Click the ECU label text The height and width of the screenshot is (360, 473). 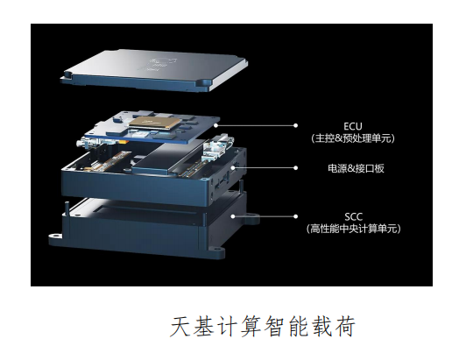coord(353,126)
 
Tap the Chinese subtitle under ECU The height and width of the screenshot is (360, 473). coord(353,138)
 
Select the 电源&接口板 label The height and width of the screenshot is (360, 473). coord(356,168)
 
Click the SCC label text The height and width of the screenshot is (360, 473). coord(354,216)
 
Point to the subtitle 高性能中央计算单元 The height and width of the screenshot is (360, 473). coord(354,229)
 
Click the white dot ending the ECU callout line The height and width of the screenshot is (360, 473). coord(296,125)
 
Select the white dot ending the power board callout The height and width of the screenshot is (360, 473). coord(296,168)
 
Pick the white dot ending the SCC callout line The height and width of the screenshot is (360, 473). coord(296,216)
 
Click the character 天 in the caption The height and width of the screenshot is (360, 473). coord(180,327)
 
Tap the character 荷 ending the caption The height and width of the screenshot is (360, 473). coord(345,327)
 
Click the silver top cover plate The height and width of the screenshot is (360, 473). coord(154,70)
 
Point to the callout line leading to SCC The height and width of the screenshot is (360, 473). coord(264,216)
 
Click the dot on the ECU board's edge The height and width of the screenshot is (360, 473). coord(216,125)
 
